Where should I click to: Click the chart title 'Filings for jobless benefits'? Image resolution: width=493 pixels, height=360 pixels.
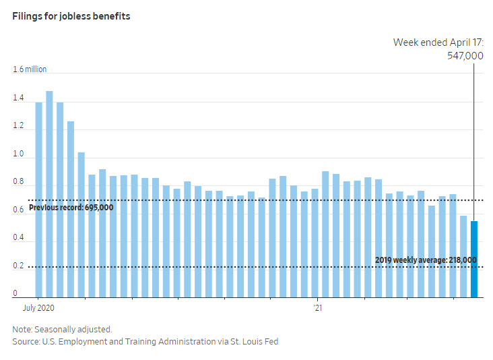(71, 16)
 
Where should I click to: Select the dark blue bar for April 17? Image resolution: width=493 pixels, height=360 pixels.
(474, 260)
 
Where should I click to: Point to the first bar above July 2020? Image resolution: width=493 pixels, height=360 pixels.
(38, 200)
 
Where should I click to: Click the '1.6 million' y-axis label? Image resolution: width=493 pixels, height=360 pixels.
(30, 70)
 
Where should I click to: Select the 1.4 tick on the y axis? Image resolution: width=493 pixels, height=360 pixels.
(18, 98)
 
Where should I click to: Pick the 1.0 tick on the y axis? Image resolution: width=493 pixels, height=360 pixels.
(18, 154)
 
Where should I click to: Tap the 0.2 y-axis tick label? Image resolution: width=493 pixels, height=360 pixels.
(18, 266)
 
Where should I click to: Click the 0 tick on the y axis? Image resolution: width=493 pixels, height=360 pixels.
(15, 294)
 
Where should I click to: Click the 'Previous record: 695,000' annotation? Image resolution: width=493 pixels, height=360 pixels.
(71, 208)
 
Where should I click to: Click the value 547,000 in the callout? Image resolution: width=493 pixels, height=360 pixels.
(465, 56)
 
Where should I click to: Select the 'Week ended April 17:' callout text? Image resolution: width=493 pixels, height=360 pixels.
(438, 42)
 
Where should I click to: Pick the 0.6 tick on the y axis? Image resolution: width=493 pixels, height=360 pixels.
(18, 210)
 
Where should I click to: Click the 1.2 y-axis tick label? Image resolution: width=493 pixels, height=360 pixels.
(18, 126)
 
